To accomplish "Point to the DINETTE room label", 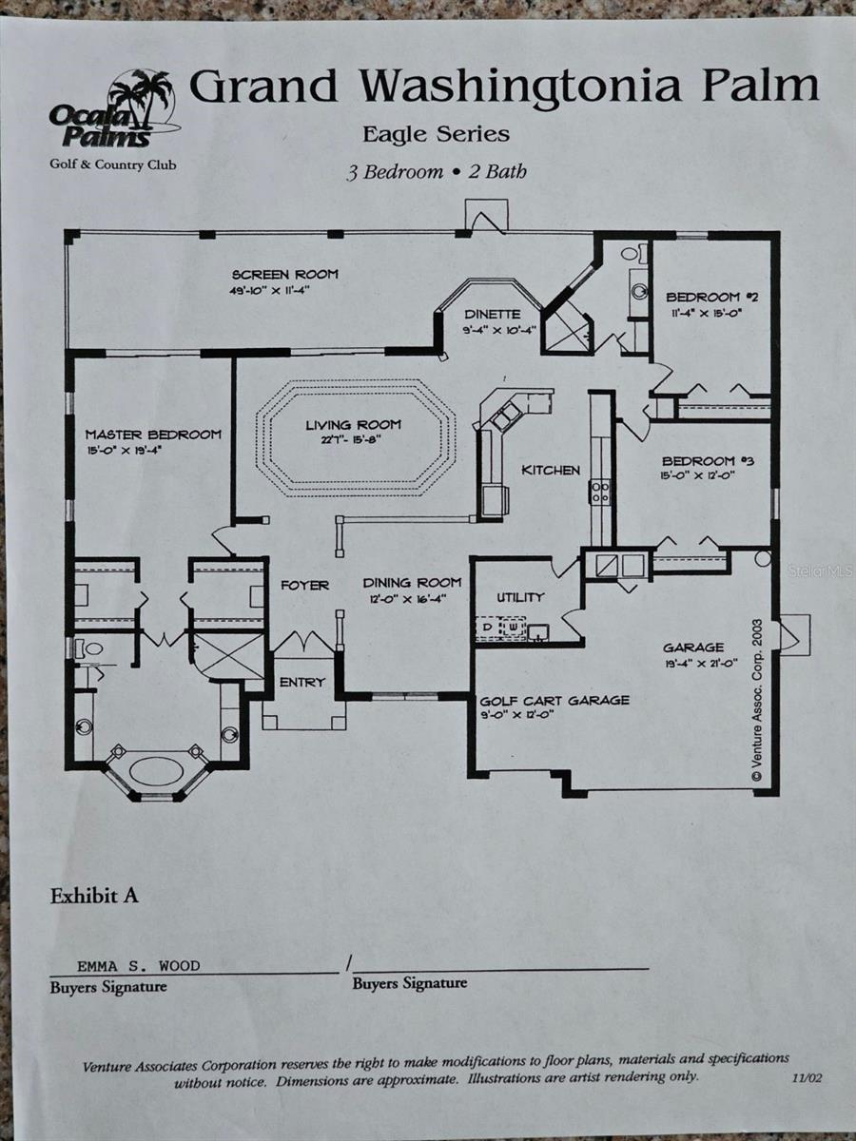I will (x=492, y=315).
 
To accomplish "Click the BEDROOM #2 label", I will (x=711, y=296).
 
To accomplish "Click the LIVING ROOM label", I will (x=353, y=425).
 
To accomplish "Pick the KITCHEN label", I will (x=550, y=470).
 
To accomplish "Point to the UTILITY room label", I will (x=520, y=597).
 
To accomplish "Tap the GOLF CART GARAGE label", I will (x=554, y=701).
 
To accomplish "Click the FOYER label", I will (x=304, y=585).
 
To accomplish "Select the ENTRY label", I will (x=302, y=682).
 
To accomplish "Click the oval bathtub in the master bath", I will (x=156, y=769).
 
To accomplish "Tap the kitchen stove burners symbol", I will (x=600, y=492).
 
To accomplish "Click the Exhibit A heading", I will (x=94, y=896).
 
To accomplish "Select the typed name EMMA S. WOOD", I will (x=139, y=965).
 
